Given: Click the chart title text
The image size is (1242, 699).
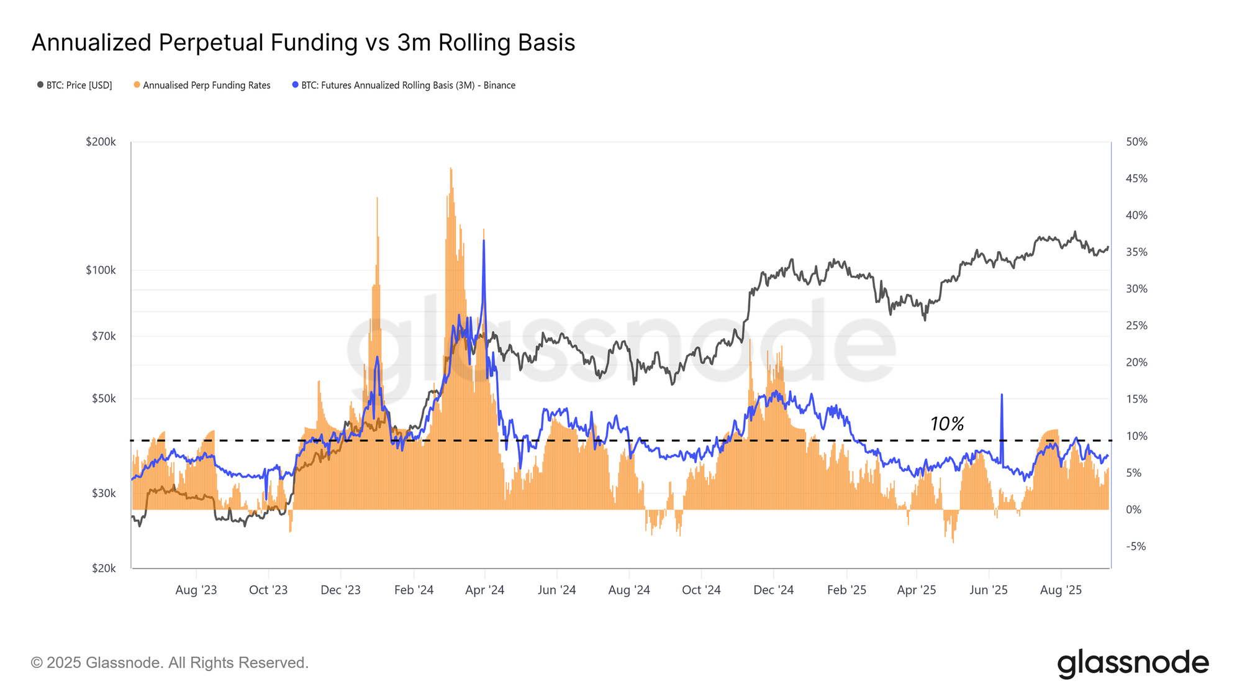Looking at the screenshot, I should point(303,43).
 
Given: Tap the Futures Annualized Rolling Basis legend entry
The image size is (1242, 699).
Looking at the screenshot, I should point(407,86).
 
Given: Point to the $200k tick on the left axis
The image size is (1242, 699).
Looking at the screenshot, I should point(101,142).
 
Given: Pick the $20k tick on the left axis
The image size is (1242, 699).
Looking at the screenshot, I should point(104,569).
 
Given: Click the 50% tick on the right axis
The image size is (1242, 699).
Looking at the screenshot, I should point(1136,142).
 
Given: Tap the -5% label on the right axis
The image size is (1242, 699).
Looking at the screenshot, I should point(1136,547).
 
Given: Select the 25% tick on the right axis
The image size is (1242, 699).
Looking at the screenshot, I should point(1136,326).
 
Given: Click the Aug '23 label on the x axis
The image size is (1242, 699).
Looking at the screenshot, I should point(196,590).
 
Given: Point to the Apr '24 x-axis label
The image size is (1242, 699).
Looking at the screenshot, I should point(484,590).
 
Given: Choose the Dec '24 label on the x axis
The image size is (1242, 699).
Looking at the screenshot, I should point(773,590).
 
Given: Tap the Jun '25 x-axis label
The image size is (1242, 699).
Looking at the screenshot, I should point(988,590).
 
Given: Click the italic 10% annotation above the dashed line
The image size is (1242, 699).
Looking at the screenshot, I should point(946,424).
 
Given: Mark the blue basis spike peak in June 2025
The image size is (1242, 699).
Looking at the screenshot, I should point(1002,395).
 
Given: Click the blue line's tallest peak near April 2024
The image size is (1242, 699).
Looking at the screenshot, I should point(484,241).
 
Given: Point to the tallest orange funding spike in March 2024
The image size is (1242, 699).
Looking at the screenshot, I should point(451,168).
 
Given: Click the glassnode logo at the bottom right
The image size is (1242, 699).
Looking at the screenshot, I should point(1133,663).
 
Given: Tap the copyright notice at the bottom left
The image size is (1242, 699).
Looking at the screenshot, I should point(170,663).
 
